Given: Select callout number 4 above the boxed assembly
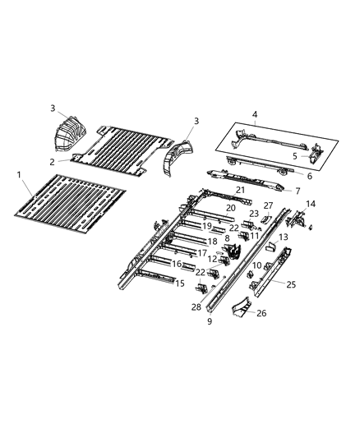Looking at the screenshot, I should pos(255,114).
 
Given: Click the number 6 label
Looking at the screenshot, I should pos(309,176).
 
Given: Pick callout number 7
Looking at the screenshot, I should pos(298,191).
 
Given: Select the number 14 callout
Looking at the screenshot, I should pos(310,204).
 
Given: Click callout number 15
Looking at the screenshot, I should pos(180,284).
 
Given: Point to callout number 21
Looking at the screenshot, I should pos(241,190).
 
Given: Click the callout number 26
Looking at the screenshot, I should pos(261,312).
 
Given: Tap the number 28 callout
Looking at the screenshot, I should pos(196,307).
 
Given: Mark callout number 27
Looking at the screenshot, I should pos(268,205).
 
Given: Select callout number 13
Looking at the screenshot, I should pos(284,236).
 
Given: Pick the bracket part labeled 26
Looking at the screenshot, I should pos(242,311).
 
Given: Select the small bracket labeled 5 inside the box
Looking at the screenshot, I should pos(315,151).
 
